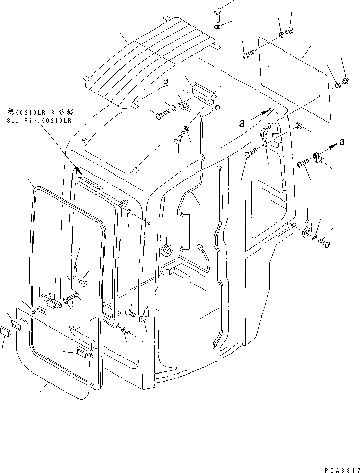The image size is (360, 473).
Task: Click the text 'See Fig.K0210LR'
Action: coord(39,121)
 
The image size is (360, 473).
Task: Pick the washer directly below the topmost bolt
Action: coord(218,26)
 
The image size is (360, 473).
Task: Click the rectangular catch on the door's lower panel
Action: coord(83,352)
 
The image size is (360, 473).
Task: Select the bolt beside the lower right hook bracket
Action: coord(325,242)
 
